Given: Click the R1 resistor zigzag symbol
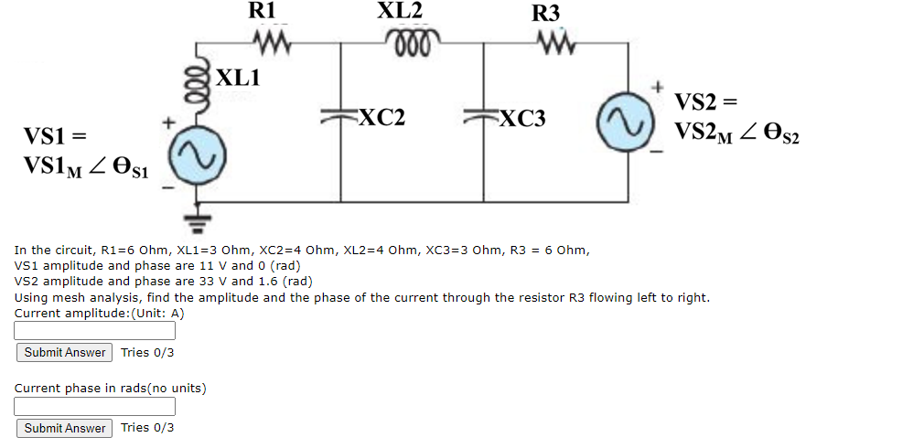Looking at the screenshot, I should pos(271,42).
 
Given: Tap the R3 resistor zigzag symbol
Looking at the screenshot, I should pos(554,42).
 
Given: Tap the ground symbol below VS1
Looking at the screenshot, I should pos(194,219).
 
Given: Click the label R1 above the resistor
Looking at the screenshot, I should pos(262,11).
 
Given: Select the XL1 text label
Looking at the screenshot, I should pos(238,77).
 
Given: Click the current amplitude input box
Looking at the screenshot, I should pos(95,331).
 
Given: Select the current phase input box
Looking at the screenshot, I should pos(95,406).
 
